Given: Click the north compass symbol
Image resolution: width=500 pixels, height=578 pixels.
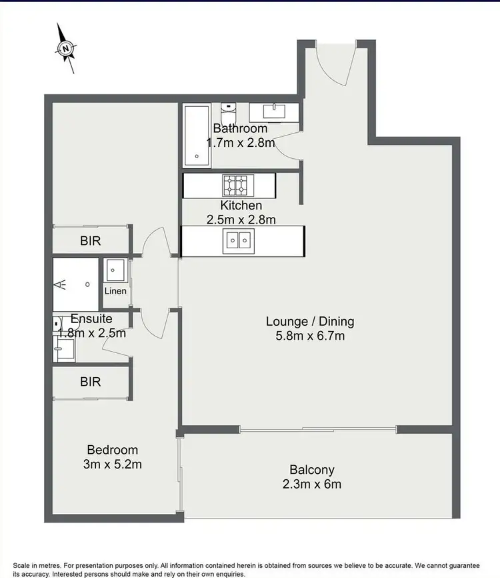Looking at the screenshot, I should coord(65,48).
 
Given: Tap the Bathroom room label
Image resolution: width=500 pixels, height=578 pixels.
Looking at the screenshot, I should coord(240,128).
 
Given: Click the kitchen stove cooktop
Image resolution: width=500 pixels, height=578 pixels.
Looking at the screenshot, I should coord(235,184).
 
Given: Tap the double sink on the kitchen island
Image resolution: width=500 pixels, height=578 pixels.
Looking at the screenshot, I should coord(237,240).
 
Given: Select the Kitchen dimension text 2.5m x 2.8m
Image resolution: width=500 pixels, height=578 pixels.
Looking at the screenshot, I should coord(241,218).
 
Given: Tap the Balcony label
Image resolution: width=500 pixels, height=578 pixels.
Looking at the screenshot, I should coord(311,470).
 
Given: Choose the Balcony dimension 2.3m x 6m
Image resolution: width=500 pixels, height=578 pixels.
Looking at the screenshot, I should coord(311,485).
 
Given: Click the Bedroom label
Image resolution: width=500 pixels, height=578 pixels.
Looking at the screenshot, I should coord(113,450).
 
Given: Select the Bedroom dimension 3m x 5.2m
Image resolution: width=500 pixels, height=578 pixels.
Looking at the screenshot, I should coord(113,465).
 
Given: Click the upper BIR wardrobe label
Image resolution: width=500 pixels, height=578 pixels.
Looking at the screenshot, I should coord(91,241).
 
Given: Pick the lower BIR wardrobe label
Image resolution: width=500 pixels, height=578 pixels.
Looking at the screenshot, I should coord(91,382).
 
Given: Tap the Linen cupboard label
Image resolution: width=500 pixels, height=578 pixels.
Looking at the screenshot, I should coord(115,291).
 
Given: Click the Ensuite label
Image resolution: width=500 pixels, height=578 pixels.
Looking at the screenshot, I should coord(91,319).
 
